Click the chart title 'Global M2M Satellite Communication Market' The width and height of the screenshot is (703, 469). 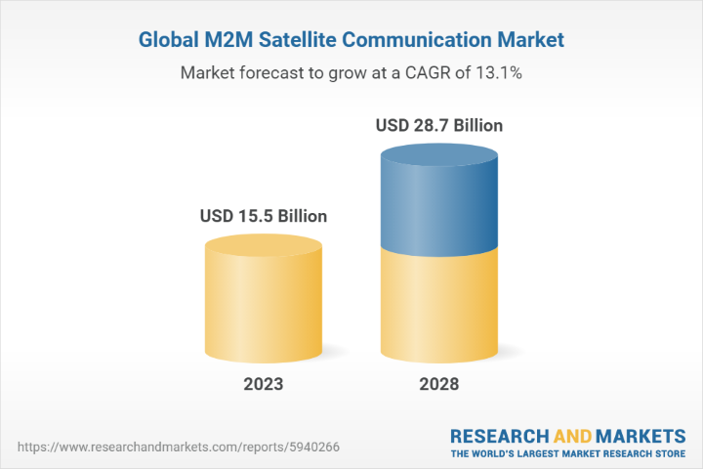pyautogui.click(x=351, y=41)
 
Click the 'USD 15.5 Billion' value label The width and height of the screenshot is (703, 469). pyautogui.click(x=263, y=216)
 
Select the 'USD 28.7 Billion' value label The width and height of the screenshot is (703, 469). pyautogui.click(x=438, y=126)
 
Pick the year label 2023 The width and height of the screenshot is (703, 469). pyautogui.click(x=263, y=384)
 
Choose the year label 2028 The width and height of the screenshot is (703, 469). pyautogui.click(x=438, y=384)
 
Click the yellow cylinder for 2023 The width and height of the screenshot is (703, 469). pyautogui.click(x=263, y=303)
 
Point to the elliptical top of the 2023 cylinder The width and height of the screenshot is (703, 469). pyautogui.click(x=263, y=245)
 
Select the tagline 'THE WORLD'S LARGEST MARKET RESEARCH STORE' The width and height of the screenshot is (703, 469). pyautogui.click(x=567, y=454)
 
